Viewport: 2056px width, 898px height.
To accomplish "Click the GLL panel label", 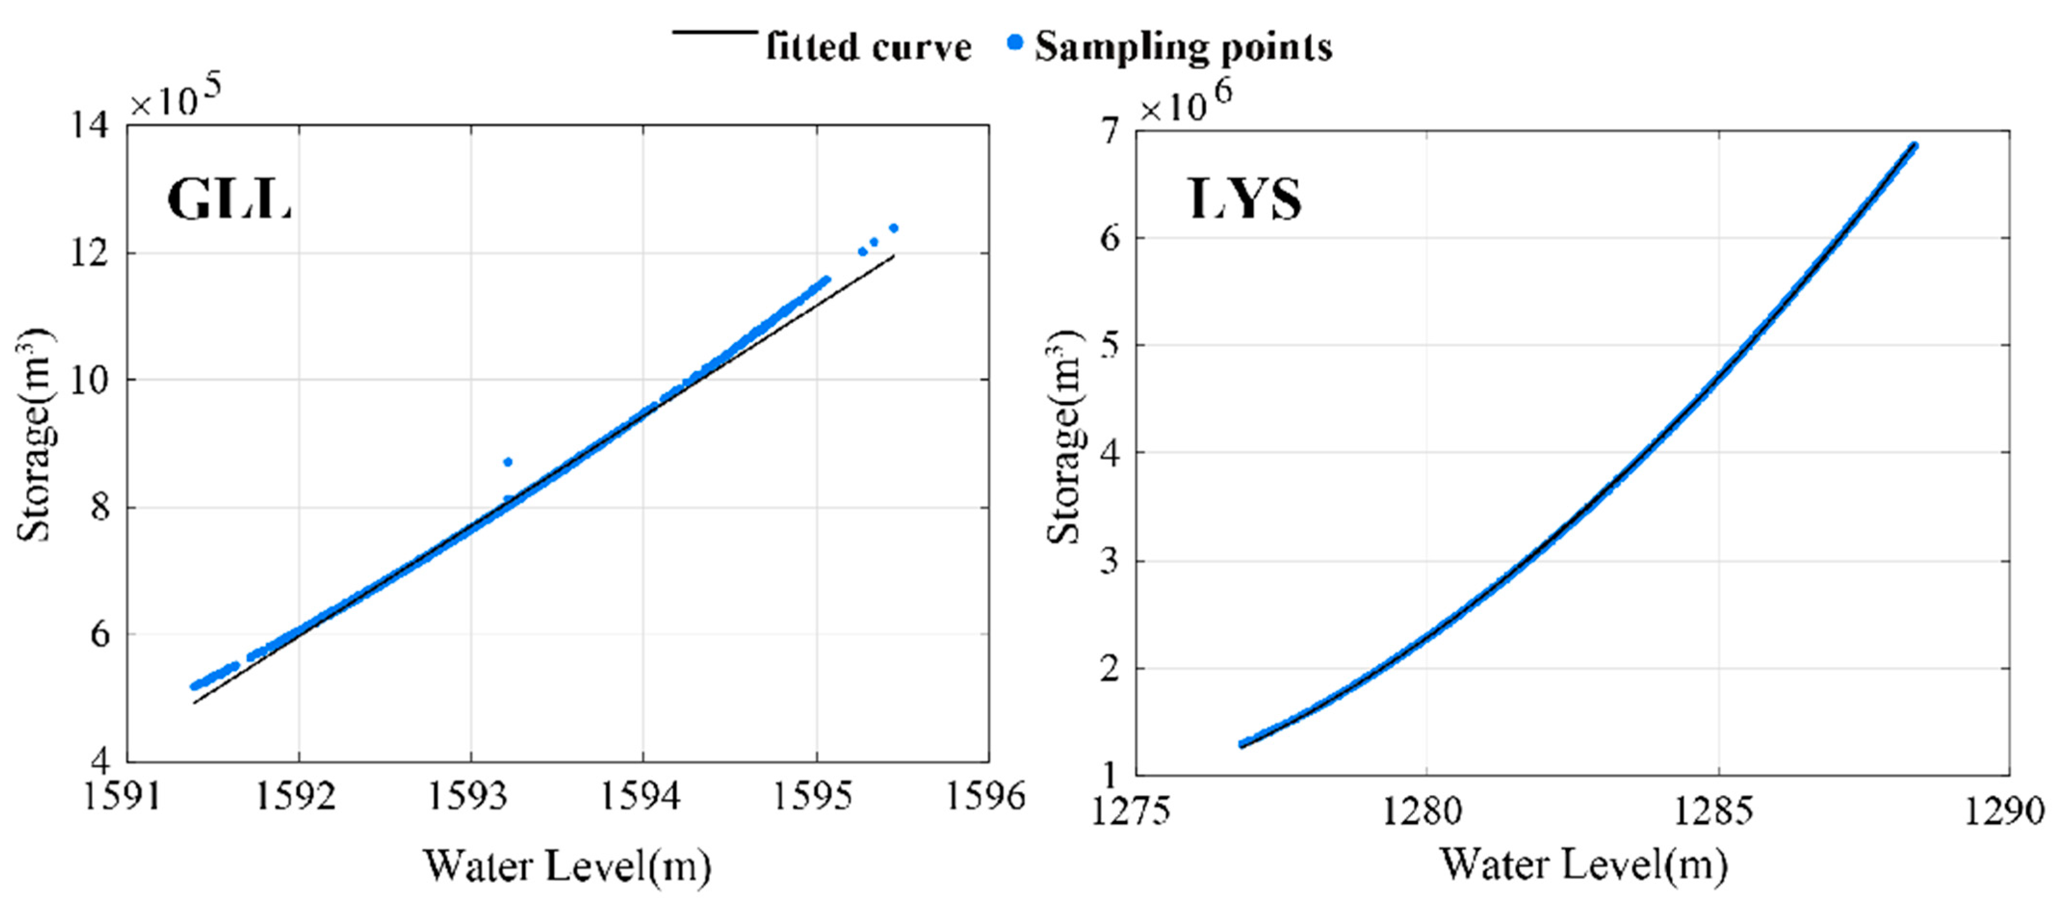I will coord(229,200).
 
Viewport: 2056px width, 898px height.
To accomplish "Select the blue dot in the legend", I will coord(1015,43).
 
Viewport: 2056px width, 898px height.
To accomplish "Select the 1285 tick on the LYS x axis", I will coord(1717,812).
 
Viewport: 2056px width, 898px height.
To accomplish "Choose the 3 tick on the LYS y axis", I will coord(1110,560).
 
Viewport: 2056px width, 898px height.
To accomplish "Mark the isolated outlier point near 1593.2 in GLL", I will coord(507,462).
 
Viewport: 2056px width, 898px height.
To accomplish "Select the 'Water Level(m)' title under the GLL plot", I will coord(567,866).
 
